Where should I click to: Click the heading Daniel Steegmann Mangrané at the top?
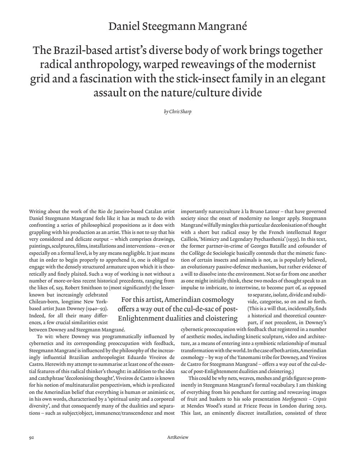178,27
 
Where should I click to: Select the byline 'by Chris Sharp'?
178,112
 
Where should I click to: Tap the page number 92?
31,437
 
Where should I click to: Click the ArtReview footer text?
178,437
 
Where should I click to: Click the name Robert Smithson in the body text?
86,287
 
